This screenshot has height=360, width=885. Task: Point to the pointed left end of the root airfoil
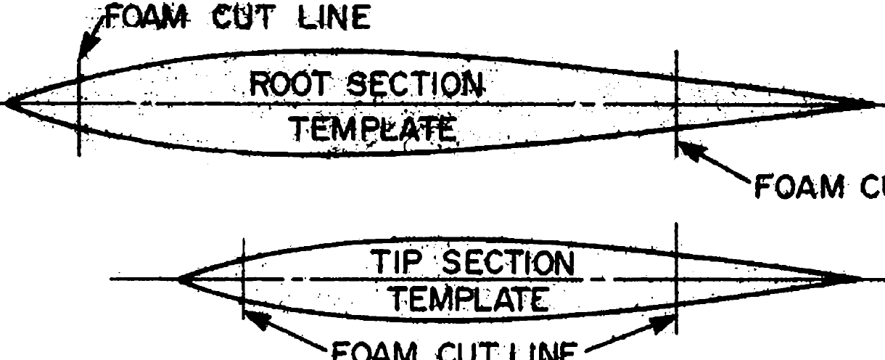(9, 104)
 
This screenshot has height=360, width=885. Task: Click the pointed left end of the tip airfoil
(181, 279)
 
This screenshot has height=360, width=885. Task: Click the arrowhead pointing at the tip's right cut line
(664, 323)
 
